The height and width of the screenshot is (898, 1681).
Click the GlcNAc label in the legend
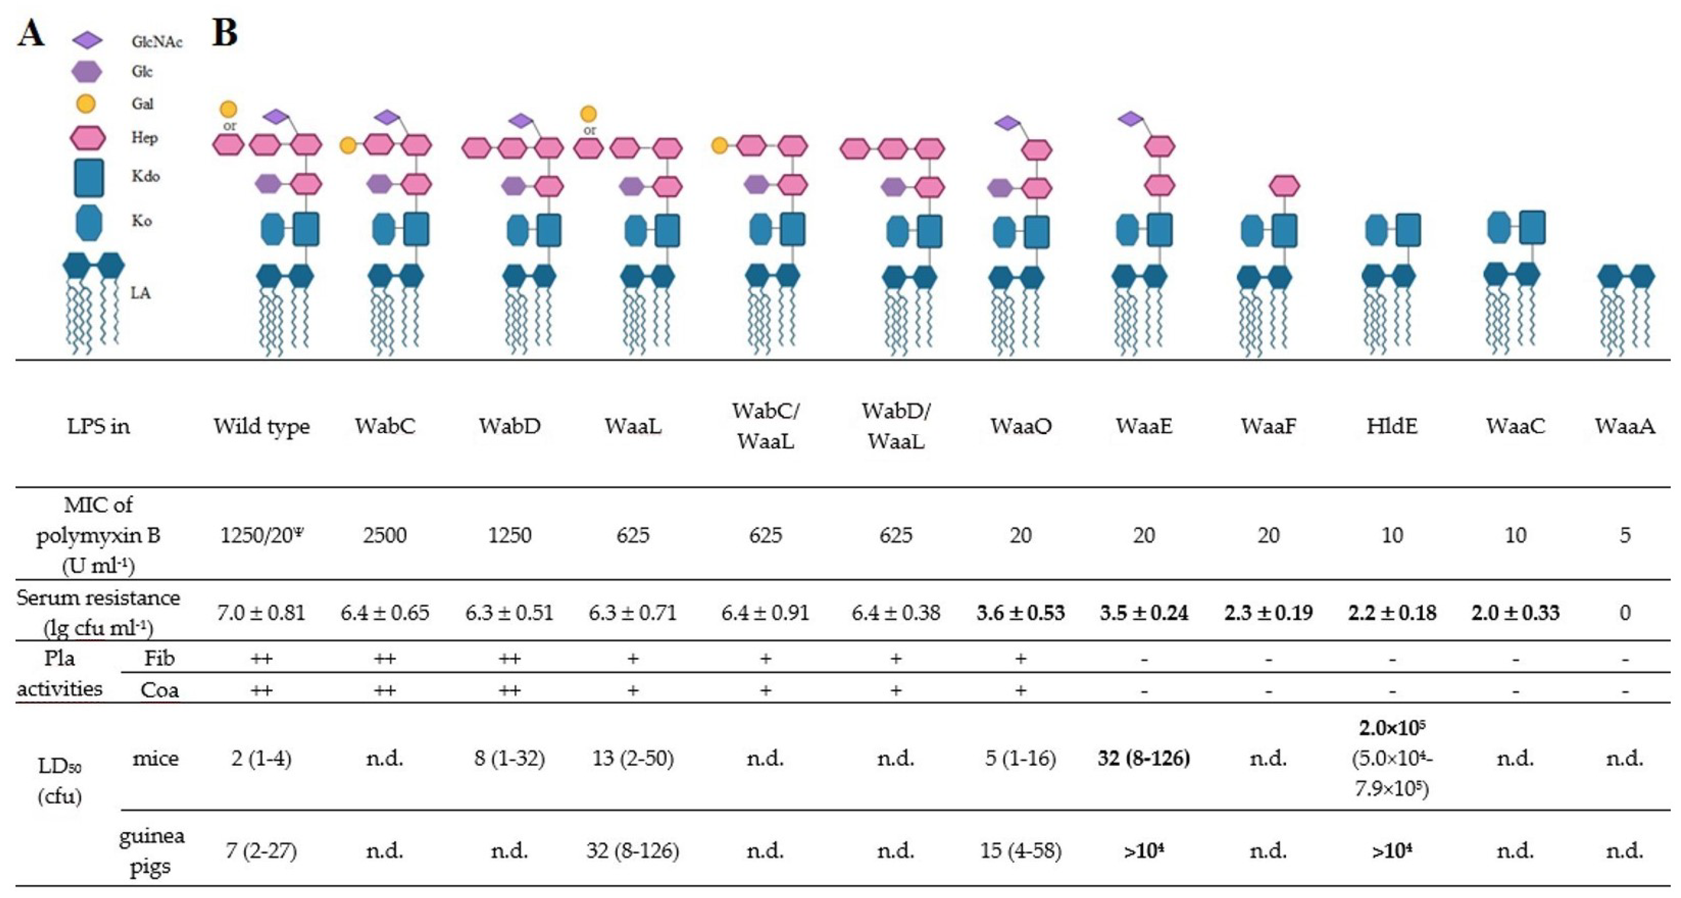click(x=157, y=42)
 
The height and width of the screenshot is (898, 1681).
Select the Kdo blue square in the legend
click(x=89, y=177)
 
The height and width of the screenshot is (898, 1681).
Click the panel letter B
click(x=224, y=33)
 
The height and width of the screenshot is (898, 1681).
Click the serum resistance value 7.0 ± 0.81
click(x=261, y=613)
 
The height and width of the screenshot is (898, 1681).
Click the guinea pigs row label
click(x=151, y=851)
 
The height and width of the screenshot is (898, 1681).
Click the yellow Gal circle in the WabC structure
click(x=348, y=145)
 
